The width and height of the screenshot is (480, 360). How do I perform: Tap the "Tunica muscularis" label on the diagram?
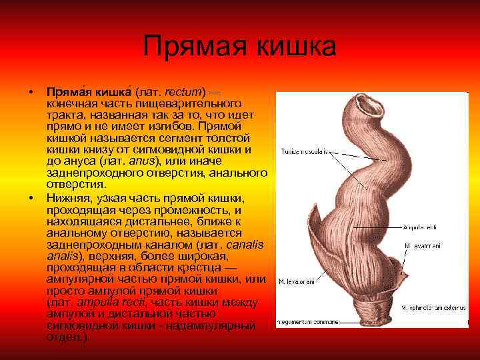tap(304, 151)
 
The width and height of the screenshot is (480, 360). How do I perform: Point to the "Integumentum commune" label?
tap(304, 322)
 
